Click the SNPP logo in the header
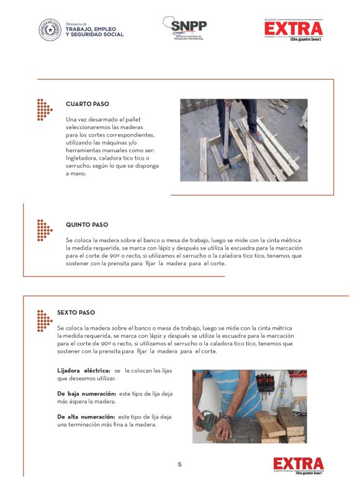[184, 28]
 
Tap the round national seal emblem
[50, 30]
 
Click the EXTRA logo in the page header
[294, 30]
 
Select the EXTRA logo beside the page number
[299, 466]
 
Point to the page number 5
[179, 464]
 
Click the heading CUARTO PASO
[88, 104]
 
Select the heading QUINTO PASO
[87, 225]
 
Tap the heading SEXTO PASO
[76, 312]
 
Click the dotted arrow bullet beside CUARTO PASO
[45, 110]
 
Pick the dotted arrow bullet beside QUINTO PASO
[45, 230]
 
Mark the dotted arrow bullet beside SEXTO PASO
[45, 321]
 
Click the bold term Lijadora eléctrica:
[84, 371]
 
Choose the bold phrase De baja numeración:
[87, 394]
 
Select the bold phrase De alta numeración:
[86, 417]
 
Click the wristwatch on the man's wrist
[225, 417]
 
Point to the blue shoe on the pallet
[257, 136]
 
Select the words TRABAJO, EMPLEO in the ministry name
[91, 29]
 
